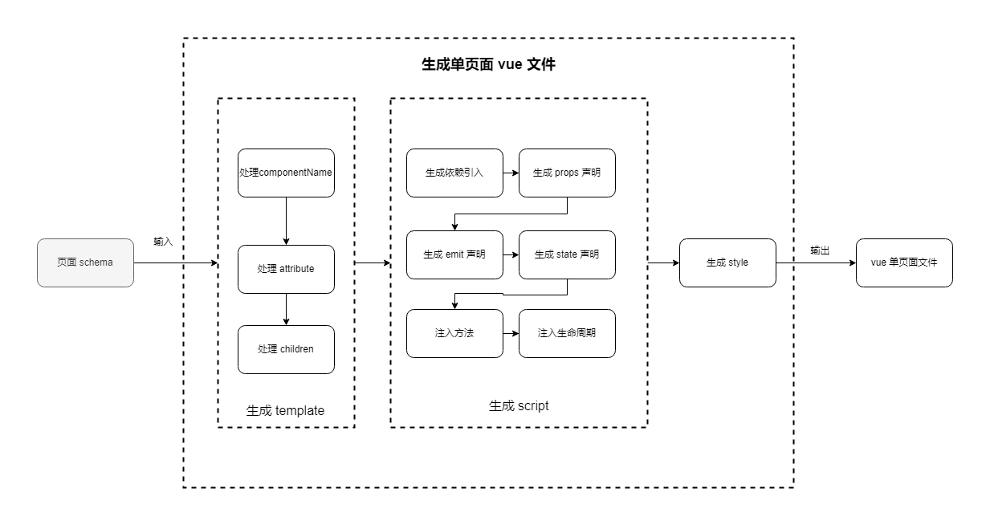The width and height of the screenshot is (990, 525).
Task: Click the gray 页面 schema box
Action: pos(85,262)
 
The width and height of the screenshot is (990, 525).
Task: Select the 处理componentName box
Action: pos(286,173)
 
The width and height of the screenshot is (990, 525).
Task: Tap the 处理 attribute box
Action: pos(286,269)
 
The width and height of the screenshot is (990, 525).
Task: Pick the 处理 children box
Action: pos(286,349)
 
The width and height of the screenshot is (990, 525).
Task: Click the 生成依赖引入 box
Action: pos(454,173)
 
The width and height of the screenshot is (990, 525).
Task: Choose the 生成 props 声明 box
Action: pos(567,173)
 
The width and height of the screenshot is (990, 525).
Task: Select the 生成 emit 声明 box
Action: pos(454,254)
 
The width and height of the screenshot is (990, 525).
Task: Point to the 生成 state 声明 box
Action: pos(567,254)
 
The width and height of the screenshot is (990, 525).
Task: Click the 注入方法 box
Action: pos(454,333)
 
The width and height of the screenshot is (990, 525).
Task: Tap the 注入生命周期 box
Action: pos(567,333)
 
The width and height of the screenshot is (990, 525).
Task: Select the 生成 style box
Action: pos(727,262)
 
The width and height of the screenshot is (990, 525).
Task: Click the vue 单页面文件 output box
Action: pos(904,262)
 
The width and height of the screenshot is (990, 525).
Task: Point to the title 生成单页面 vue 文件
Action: pos(488,65)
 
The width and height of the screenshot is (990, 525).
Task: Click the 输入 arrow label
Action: pos(163,242)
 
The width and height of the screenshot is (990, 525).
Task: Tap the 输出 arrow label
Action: pos(820,250)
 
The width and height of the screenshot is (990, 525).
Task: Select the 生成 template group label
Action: pos(285,410)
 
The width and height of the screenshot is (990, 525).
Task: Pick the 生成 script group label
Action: pos(519,405)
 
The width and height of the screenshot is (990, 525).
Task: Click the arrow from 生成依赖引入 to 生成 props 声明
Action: pos(511,173)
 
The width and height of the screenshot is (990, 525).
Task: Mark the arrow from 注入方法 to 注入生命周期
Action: pos(511,333)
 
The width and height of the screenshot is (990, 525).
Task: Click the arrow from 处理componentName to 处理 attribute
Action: pos(286,221)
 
